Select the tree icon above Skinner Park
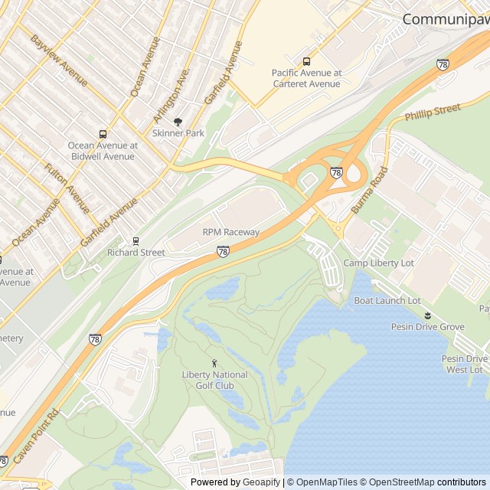(x=178, y=121)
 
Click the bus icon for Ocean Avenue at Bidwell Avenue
(x=103, y=134)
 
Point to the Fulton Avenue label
(x=67, y=188)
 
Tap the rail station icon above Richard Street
(x=136, y=240)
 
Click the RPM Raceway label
(x=230, y=232)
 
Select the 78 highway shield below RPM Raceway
(x=222, y=251)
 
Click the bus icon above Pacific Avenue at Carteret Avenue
(x=306, y=61)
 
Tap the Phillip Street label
(x=433, y=112)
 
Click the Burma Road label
(x=370, y=190)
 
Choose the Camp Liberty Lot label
(x=378, y=263)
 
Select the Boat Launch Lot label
(x=387, y=301)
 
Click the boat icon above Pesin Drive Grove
(x=427, y=315)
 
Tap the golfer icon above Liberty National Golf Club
(x=214, y=363)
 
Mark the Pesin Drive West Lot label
(x=465, y=364)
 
